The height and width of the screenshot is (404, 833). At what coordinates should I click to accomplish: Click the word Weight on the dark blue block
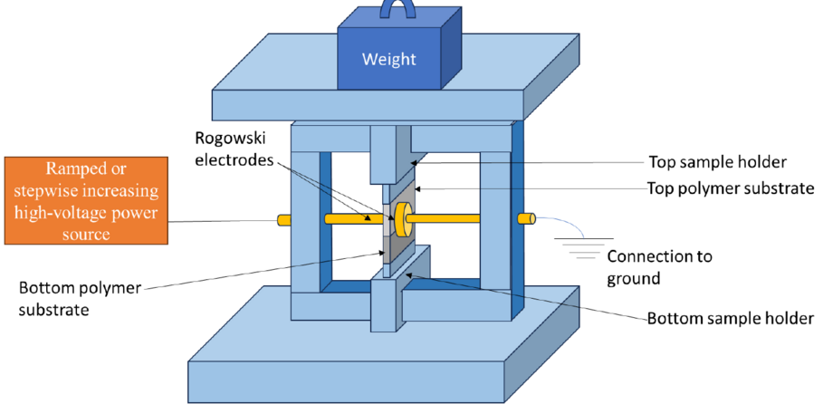(388, 60)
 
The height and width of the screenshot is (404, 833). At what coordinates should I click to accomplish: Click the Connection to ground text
(658, 265)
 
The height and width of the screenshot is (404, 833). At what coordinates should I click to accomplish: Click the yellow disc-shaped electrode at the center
(403, 217)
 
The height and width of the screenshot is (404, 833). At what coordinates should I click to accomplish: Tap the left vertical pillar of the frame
(306, 226)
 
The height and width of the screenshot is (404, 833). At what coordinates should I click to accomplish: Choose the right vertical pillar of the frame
(495, 226)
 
